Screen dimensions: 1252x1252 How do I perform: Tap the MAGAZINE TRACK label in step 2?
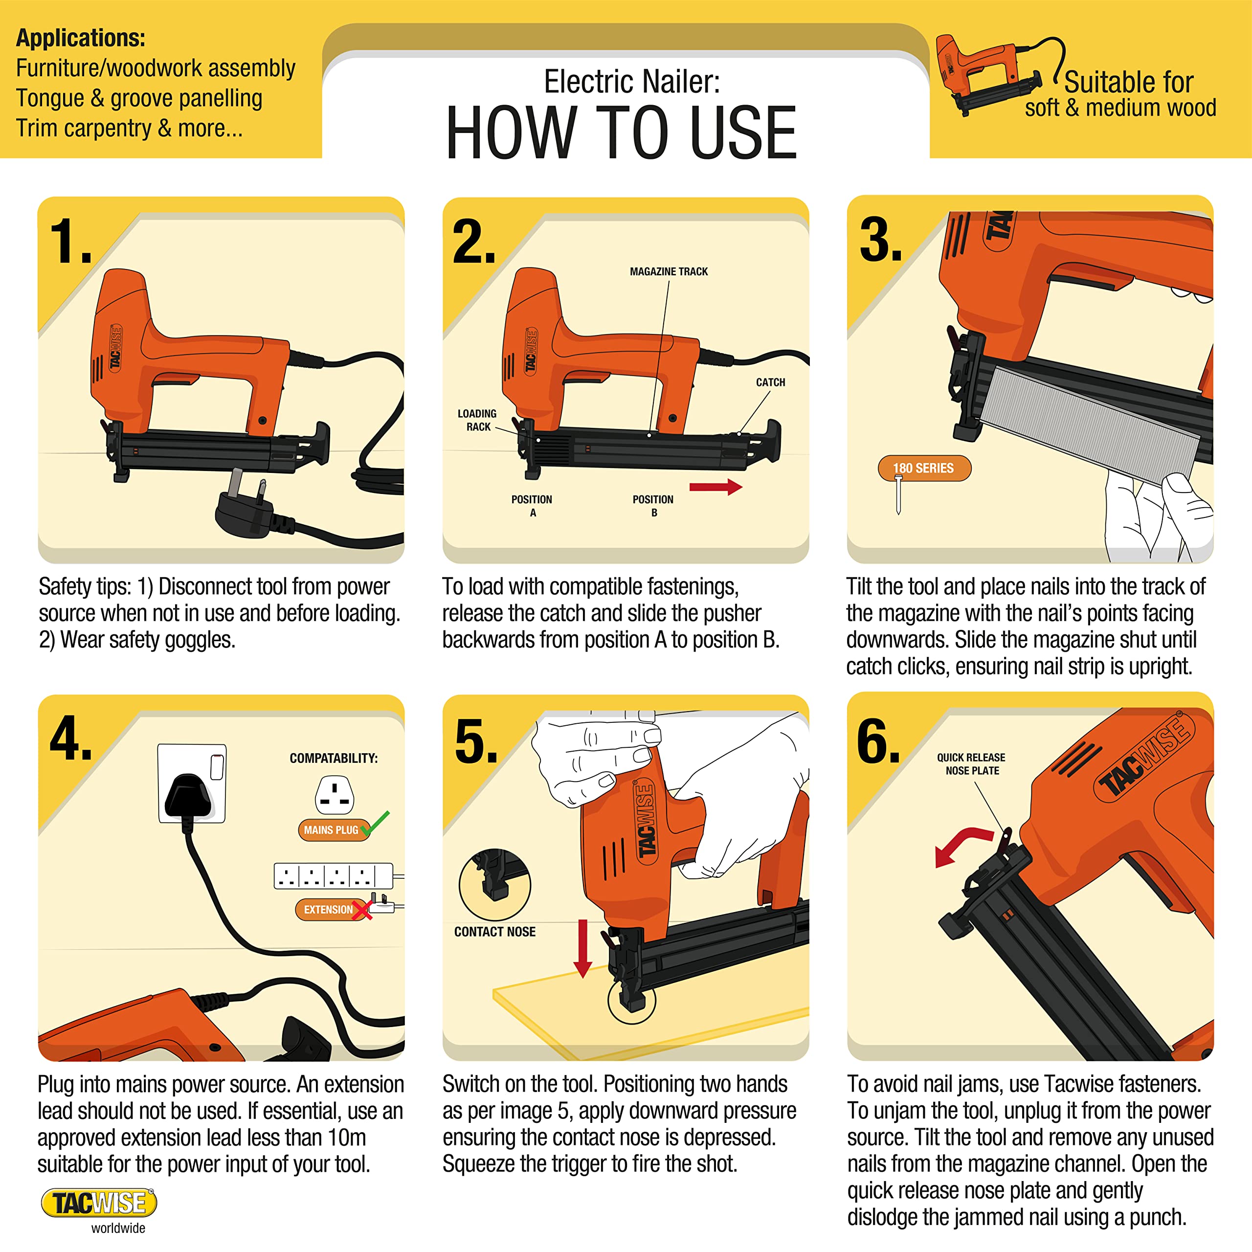point(669,271)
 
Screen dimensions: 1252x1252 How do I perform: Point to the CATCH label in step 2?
point(770,382)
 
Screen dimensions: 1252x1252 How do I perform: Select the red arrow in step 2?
point(715,487)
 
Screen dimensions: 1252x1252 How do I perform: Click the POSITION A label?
point(532,506)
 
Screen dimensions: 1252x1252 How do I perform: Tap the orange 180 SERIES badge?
point(924,468)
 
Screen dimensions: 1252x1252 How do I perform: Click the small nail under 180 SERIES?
point(898,494)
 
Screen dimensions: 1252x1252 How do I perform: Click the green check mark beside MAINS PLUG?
point(376,823)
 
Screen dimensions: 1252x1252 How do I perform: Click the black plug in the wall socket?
point(188,798)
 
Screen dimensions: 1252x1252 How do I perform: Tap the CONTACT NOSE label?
point(494,931)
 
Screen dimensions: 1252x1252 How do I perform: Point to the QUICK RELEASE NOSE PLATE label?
point(971,763)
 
